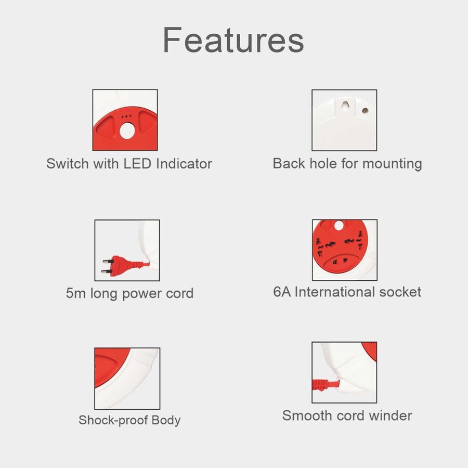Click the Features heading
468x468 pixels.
(233, 40)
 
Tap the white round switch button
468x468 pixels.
(127, 131)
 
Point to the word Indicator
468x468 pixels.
(184, 164)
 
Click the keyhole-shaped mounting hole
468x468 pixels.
(346, 105)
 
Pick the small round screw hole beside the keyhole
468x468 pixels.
(365, 111)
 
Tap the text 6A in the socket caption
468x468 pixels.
(282, 292)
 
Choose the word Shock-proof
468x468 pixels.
(113, 420)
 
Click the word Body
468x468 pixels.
(166, 421)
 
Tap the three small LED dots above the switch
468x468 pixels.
(126, 116)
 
